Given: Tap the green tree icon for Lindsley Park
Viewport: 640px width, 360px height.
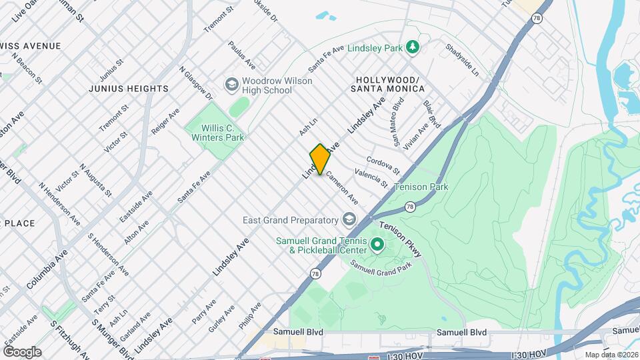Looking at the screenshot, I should coord(413,47).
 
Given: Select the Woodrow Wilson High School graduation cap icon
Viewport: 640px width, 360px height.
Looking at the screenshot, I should coord(231,85).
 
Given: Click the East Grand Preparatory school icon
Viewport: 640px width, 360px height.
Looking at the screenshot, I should coord(349,219).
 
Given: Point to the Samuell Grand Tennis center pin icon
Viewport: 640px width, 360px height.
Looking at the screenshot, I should coord(377,245).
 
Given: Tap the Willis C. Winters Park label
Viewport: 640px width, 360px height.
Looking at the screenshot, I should coord(215,132).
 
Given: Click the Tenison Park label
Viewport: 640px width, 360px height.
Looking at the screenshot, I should coord(421,187).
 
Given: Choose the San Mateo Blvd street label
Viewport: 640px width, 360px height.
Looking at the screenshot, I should coord(399,113).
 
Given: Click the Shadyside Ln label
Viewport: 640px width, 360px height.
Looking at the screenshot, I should coord(463,59).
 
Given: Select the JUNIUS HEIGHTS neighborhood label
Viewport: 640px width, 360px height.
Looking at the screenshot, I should coord(128,89).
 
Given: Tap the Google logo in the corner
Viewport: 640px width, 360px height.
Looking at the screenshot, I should coord(22,352).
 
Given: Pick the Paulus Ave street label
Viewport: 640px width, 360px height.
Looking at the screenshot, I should coord(241,55).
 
